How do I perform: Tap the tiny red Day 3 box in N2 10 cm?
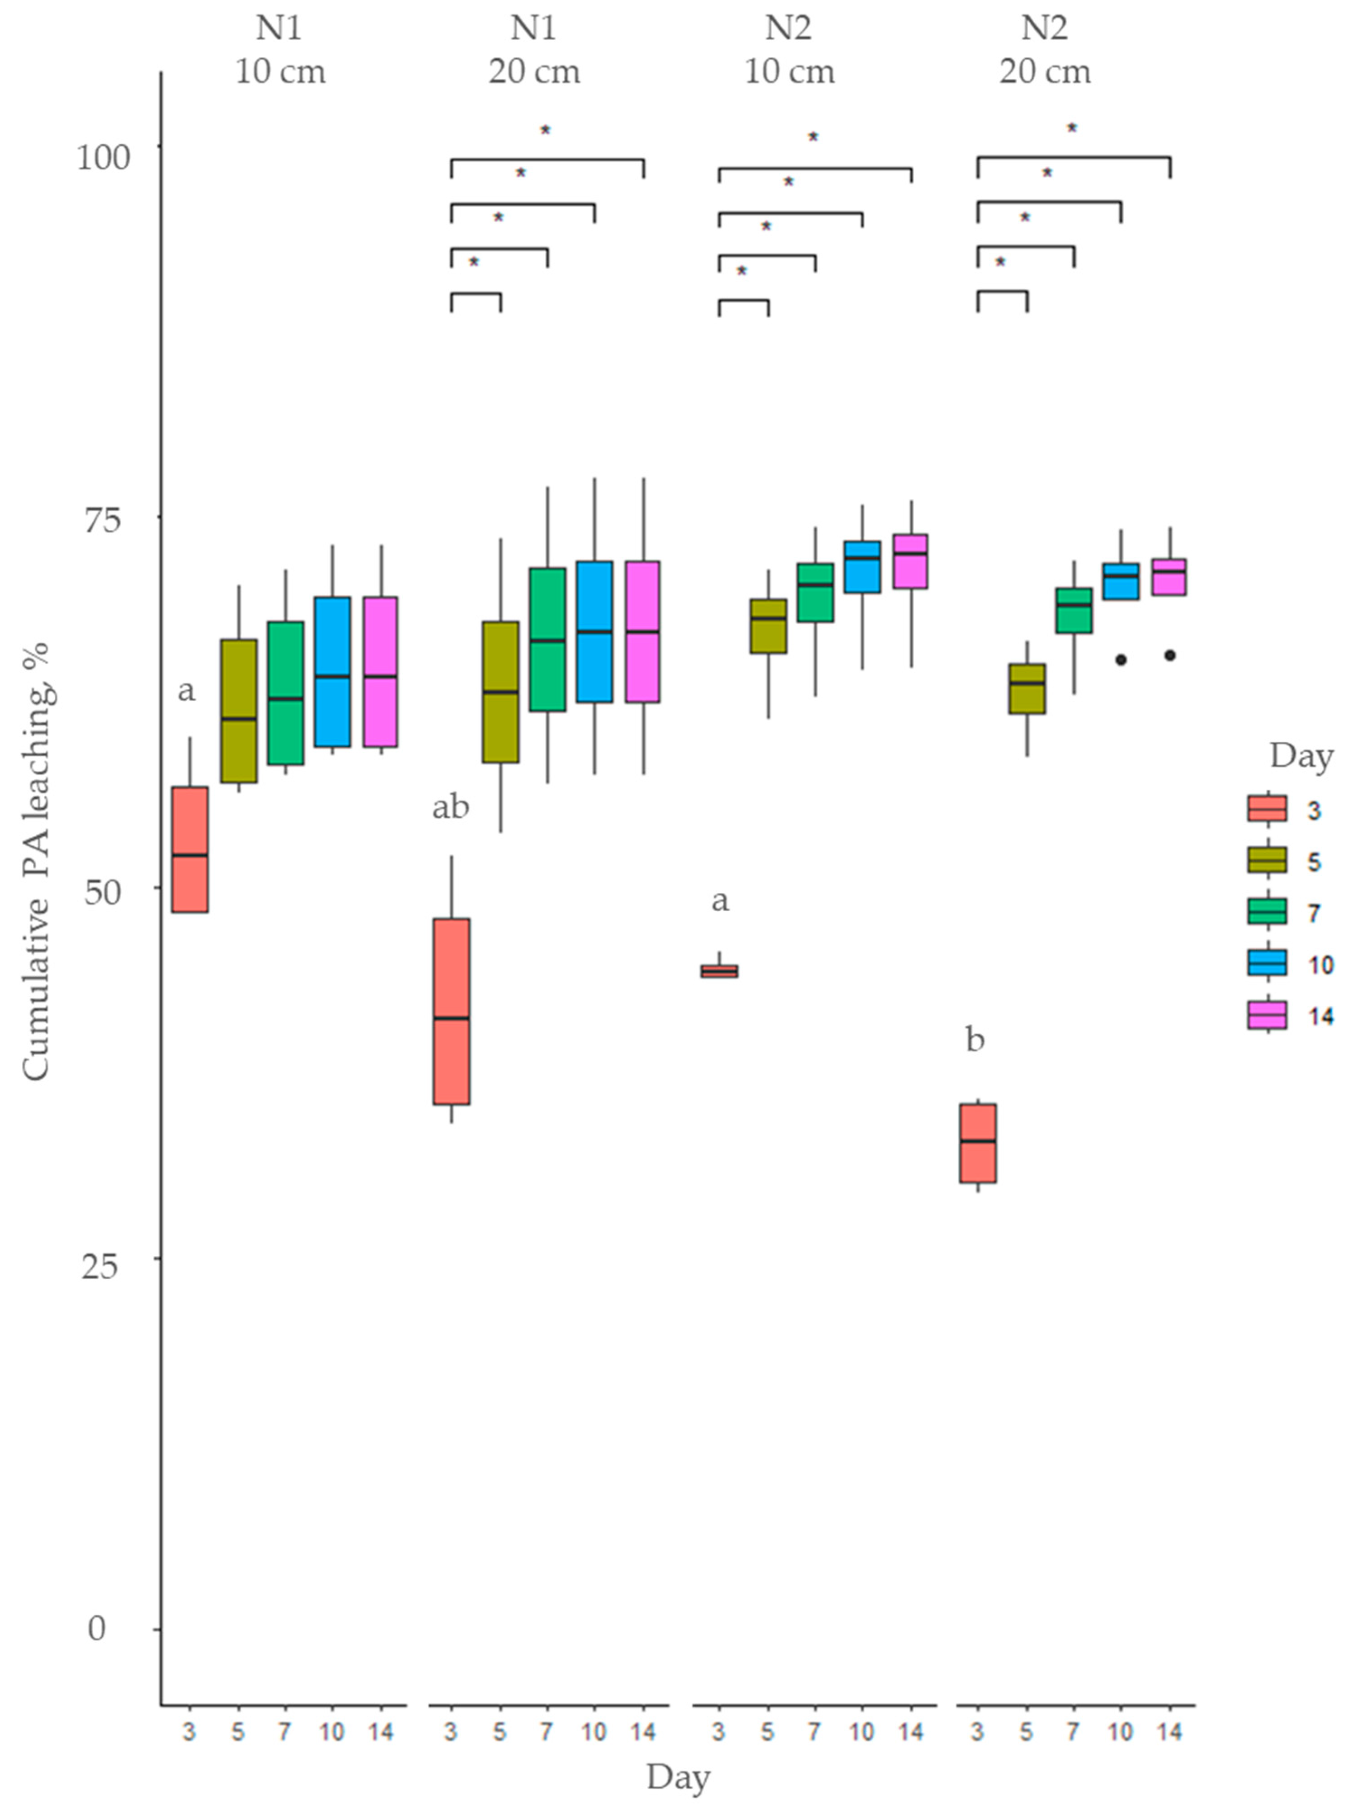[719, 971]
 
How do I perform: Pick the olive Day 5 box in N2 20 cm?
[1027, 689]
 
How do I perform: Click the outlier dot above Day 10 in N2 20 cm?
[1121, 660]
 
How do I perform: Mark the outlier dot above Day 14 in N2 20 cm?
[1169, 655]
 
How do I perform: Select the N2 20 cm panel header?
[1045, 51]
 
